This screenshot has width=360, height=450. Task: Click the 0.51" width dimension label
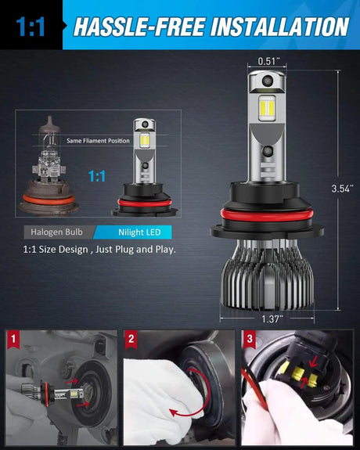(x=268, y=61)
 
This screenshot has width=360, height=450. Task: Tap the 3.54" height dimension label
(x=342, y=189)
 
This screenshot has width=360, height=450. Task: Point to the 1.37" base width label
(x=272, y=319)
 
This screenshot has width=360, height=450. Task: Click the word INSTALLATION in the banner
(x=280, y=27)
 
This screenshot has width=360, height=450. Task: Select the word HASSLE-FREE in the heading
(x=139, y=27)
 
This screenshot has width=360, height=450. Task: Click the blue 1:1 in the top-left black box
(x=31, y=27)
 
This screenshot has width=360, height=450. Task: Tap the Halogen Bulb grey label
(x=56, y=232)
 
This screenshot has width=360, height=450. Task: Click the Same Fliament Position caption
(x=98, y=141)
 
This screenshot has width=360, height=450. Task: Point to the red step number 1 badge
(x=13, y=339)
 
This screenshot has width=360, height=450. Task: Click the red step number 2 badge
(x=131, y=339)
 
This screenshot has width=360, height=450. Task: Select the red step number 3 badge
(x=250, y=339)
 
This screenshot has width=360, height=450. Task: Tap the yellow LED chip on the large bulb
(x=267, y=108)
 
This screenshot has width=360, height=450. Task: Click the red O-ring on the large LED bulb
(x=267, y=215)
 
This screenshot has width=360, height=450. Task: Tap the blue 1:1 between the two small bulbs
(x=97, y=176)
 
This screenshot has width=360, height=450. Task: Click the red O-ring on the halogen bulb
(x=49, y=200)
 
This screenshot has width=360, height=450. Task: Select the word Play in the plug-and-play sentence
(x=165, y=250)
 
